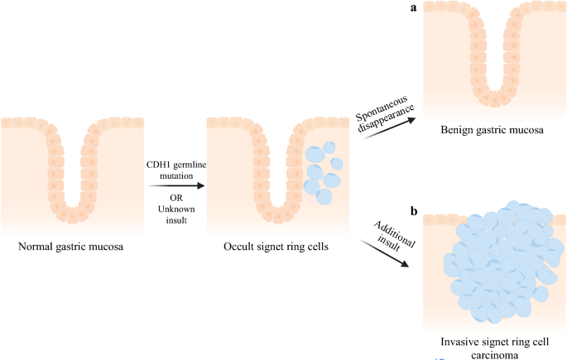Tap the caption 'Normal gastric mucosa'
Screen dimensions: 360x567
[70, 247]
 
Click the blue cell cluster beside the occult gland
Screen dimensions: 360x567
[322, 169]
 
